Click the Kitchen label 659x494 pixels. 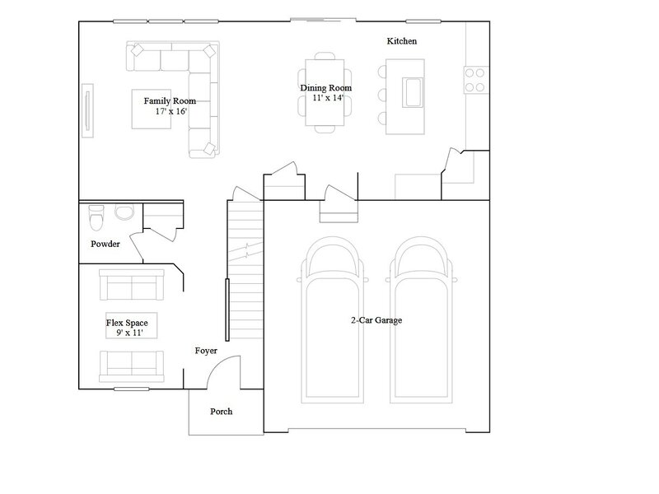tap(402, 41)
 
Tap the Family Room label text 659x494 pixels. tap(170, 101)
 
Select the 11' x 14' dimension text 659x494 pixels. tap(328, 98)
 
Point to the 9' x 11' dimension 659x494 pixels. tap(130, 333)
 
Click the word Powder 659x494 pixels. tap(105, 244)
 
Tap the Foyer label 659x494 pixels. tap(206, 351)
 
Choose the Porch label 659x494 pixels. tap(221, 412)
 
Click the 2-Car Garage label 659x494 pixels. tap(376, 320)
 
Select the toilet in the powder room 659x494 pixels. tap(96, 217)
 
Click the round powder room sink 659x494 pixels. tap(124, 212)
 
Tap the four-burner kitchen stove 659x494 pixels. tap(476, 80)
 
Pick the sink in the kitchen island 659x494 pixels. tap(413, 92)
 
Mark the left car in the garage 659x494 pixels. tap(332, 320)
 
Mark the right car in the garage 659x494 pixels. tap(422, 320)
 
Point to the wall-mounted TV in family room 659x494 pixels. tap(87, 110)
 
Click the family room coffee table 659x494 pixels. tap(152, 109)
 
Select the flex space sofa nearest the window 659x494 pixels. tap(132, 366)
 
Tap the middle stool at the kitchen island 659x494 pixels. tap(382, 95)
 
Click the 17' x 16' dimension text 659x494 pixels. tap(171, 112)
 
